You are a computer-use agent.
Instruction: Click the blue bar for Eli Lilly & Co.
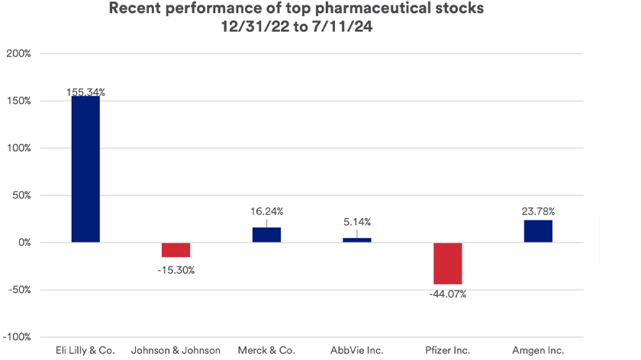pos(85,169)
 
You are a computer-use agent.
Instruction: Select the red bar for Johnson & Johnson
pos(176,249)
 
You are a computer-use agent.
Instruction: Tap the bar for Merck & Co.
pos(266,235)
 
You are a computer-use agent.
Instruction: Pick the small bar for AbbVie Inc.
pos(357,240)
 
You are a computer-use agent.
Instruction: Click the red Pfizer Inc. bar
pos(447,263)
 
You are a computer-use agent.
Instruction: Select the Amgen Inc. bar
pos(538,231)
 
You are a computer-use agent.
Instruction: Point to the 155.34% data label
pos(85,92)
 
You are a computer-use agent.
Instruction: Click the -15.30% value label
pos(176,270)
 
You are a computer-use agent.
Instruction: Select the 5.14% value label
pos(357,223)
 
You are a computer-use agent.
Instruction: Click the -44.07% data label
pos(447,294)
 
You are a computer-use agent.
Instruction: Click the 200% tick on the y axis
pos(18,54)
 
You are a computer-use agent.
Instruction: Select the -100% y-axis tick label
pos(17,337)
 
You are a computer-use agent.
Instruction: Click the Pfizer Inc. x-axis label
pos(447,351)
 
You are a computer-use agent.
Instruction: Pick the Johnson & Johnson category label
pos(176,351)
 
